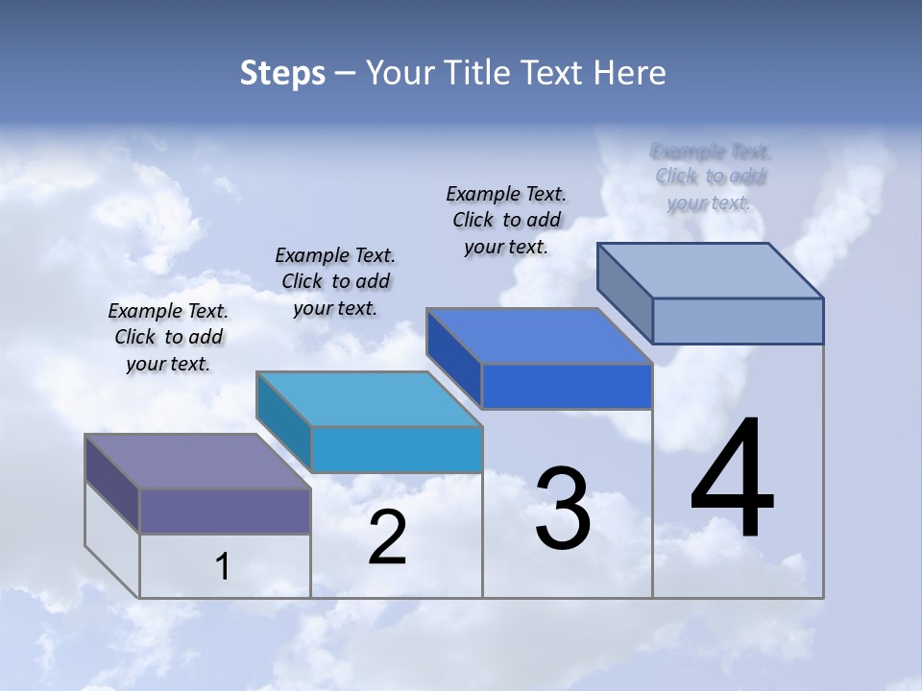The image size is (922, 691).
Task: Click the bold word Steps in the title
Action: [282, 73]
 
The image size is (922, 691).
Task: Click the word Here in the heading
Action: [629, 73]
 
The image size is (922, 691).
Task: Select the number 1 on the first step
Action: [222, 567]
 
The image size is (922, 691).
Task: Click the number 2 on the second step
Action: [387, 537]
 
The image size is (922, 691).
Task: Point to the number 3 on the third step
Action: [563, 510]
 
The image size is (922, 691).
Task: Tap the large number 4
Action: [733, 479]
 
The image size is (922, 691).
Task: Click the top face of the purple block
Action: [198, 462]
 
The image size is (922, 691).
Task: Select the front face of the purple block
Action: [225, 512]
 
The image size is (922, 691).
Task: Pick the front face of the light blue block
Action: [397, 449]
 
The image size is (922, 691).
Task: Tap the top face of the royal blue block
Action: [539, 337]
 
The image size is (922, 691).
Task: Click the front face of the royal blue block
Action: [567, 387]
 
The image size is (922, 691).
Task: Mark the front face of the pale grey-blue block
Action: [738, 321]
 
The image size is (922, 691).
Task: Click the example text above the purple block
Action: [168, 337]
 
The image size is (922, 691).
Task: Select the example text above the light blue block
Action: [335, 281]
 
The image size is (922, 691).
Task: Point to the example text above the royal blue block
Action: [506, 220]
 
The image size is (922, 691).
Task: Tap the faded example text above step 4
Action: [711, 177]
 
